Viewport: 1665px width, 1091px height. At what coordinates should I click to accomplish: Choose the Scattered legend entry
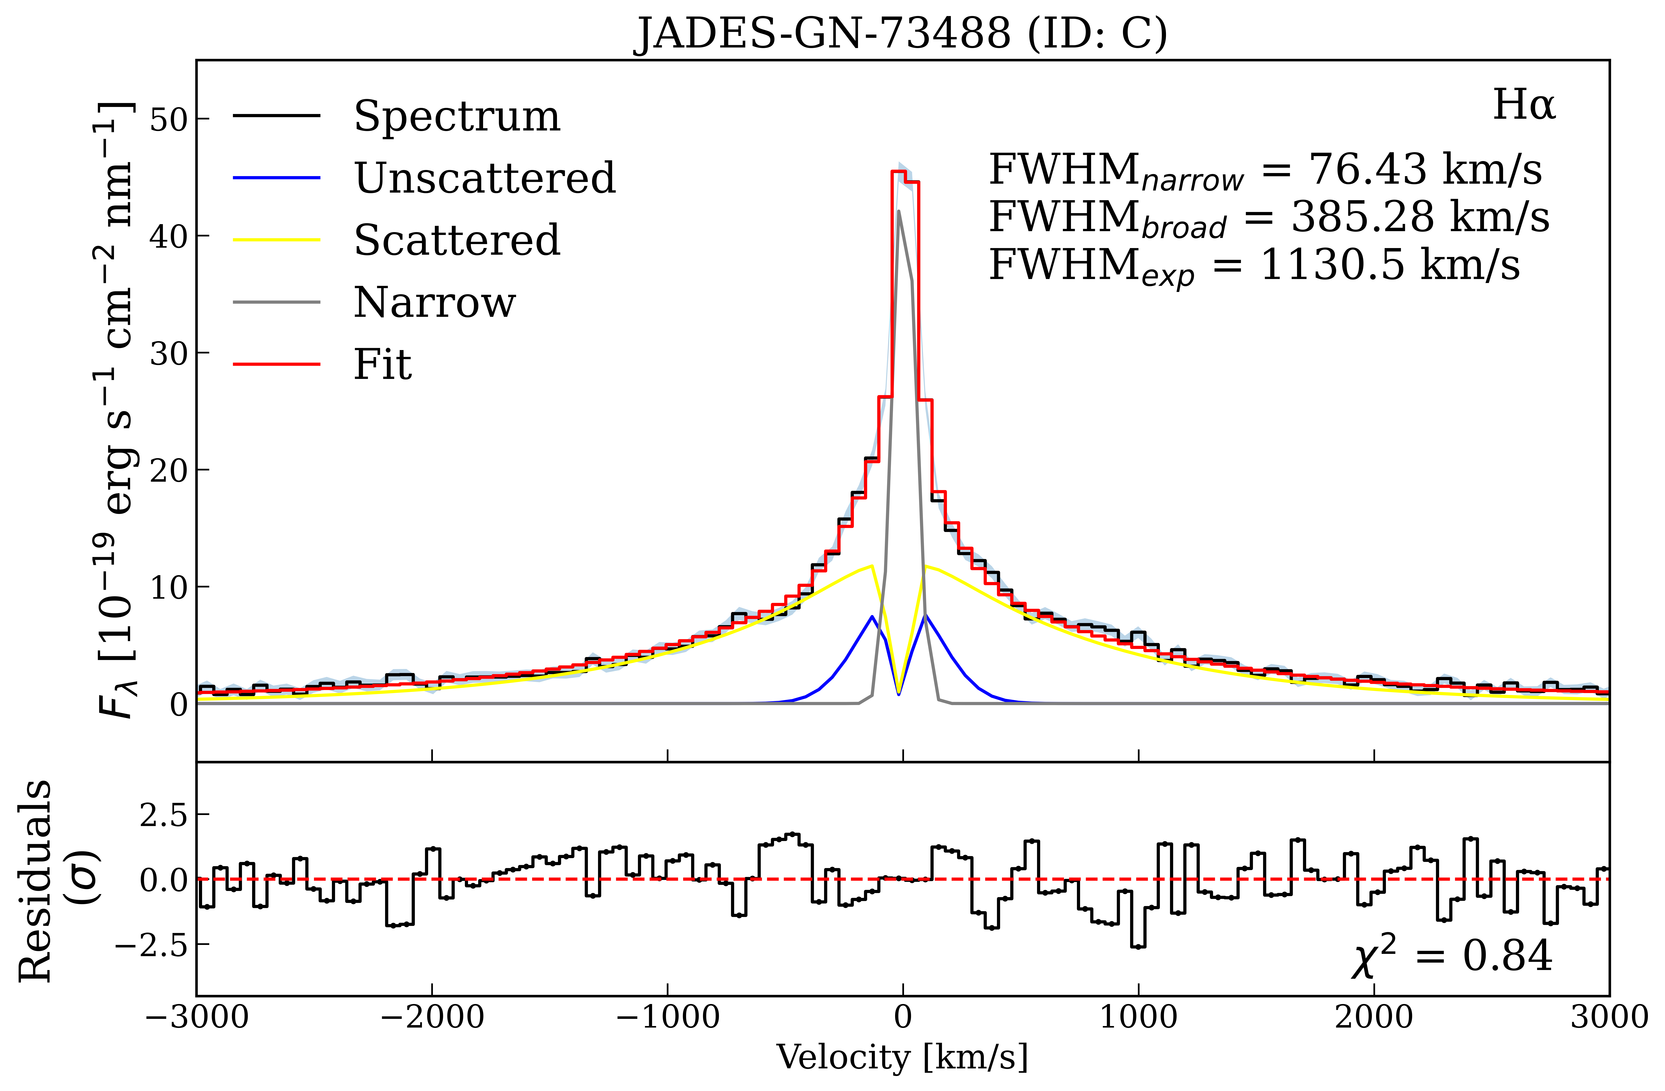(x=456, y=241)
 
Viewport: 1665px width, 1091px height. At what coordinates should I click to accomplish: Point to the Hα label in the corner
(x=1524, y=106)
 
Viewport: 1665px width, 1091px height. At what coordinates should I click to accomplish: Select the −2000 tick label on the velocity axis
(x=432, y=1017)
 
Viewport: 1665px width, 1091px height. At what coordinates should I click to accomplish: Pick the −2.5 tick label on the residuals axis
(x=154, y=944)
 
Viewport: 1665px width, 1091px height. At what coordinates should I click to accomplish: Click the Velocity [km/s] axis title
(x=903, y=1057)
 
